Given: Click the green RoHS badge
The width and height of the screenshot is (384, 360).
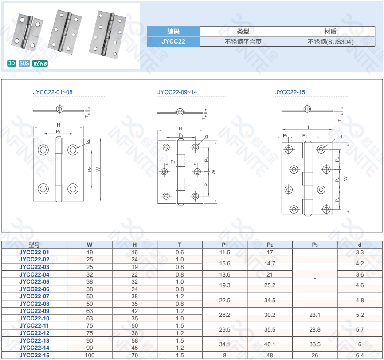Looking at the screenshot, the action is pos(40,63).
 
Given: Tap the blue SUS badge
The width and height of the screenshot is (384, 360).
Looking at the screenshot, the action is pos(24,63).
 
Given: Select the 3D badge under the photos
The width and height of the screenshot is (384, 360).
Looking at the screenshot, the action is pos(12,63).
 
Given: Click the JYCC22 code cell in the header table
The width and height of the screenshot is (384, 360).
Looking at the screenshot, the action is pos(173,41).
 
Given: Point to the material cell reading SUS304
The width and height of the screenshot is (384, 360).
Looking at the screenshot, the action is pos(330,42).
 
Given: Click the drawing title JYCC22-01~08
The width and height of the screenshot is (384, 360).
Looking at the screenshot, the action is pos(53,92).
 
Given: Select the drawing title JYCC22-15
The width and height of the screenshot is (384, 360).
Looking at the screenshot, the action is pos(290,92).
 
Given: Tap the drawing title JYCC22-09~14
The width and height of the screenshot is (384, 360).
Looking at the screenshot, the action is pos(177,92).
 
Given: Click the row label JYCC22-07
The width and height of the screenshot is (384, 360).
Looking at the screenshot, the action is pos(34,296).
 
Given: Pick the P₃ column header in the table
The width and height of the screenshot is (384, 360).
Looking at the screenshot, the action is pos(315,245).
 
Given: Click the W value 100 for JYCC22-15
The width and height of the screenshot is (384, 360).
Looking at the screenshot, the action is pos(90,355).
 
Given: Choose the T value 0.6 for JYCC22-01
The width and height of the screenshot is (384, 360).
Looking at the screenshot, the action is pos(180,252).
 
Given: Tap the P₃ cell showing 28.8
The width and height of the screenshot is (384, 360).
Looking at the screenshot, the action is pos(315,329).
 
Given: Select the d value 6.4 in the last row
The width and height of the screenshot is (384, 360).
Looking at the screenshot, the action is pos(360,355).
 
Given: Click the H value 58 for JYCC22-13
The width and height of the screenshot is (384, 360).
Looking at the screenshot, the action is pos(135,340).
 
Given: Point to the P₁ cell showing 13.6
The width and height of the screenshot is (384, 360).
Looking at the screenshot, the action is pos(225,274).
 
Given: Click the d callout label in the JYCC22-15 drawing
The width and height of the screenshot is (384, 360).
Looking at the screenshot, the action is pos(341,137).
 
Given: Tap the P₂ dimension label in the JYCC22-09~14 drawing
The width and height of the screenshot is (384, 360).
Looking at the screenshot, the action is pos(173,162).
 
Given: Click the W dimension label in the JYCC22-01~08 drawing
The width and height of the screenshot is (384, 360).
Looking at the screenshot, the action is pos(98,169).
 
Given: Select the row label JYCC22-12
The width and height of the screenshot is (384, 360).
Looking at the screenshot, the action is pos(34,333).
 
